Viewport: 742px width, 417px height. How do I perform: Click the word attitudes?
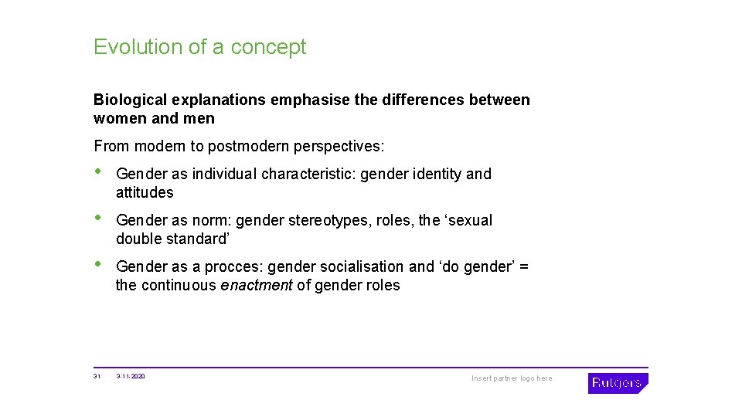[x=145, y=193]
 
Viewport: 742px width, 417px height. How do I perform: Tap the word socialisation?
[x=362, y=267]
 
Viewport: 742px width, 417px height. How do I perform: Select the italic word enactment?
[x=256, y=286]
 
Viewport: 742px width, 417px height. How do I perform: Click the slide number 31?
[x=97, y=377]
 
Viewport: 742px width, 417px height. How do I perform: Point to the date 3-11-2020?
[x=131, y=377]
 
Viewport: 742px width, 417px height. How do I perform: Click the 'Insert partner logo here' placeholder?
[x=512, y=378]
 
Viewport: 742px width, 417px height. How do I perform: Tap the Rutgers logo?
[x=618, y=383]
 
